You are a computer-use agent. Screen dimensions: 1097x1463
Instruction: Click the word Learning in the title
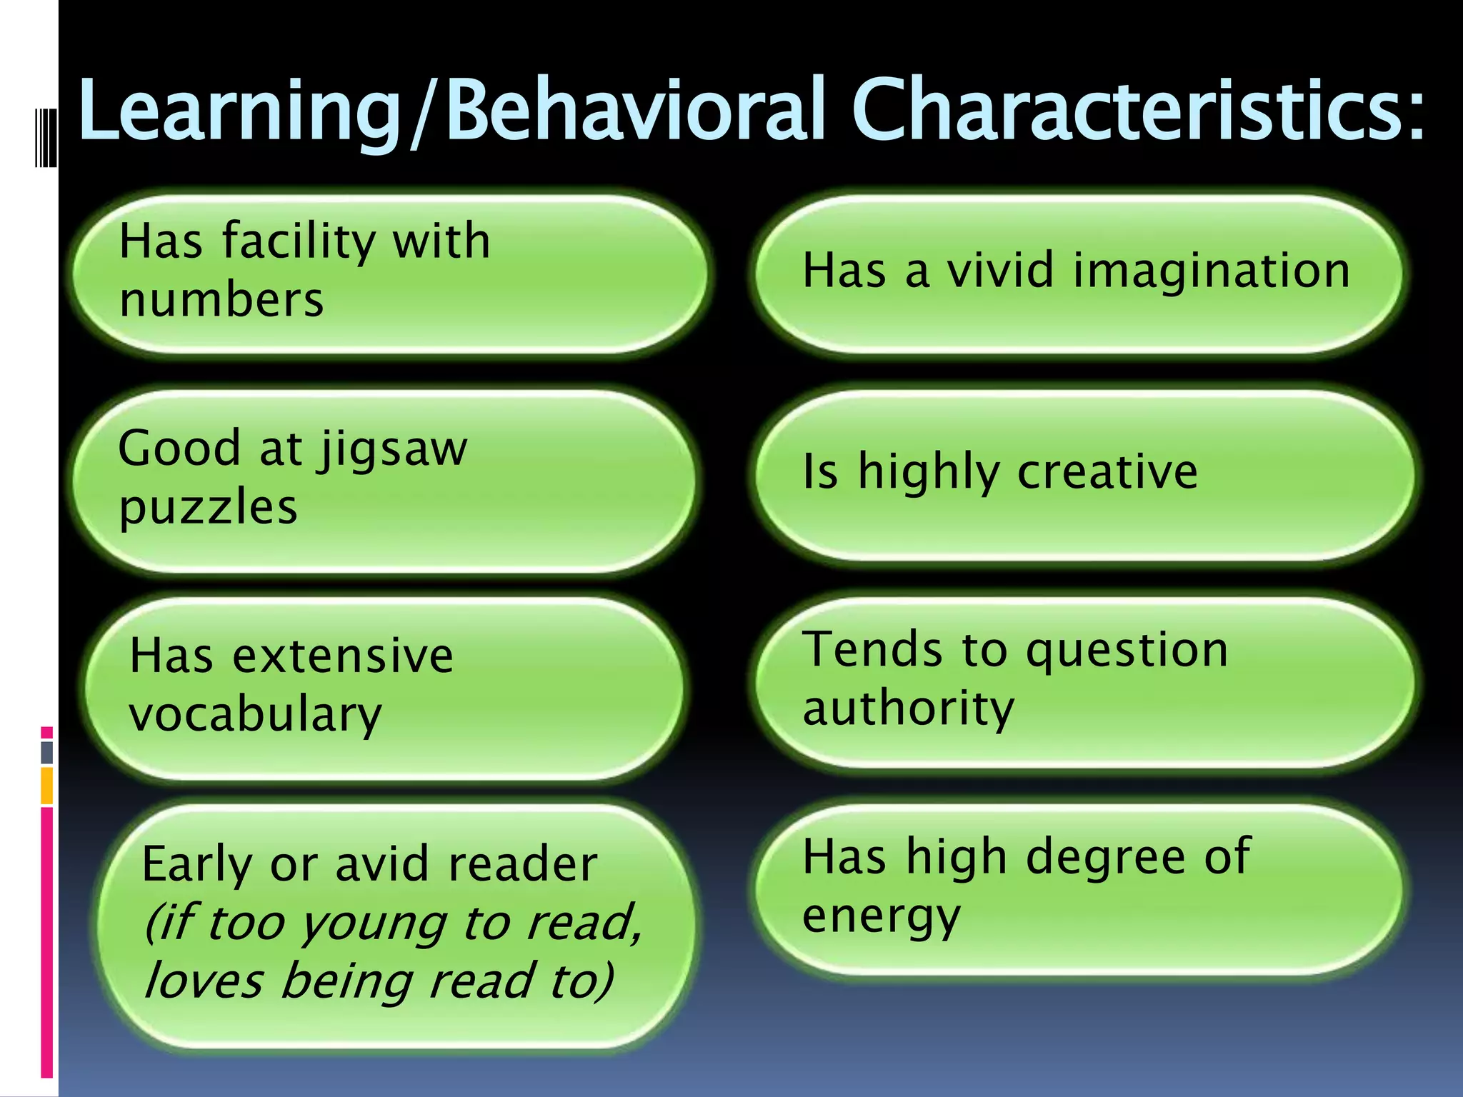point(239,111)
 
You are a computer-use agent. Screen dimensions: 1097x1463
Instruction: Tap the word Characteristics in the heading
point(1136,111)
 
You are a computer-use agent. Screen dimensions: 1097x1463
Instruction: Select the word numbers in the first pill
point(221,300)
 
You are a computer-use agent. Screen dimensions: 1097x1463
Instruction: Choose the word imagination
point(1212,271)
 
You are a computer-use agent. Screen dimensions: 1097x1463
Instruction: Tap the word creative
point(1107,472)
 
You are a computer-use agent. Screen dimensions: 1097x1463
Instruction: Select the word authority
point(908,708)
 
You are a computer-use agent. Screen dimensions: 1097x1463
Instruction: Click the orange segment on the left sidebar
point(47,786)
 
